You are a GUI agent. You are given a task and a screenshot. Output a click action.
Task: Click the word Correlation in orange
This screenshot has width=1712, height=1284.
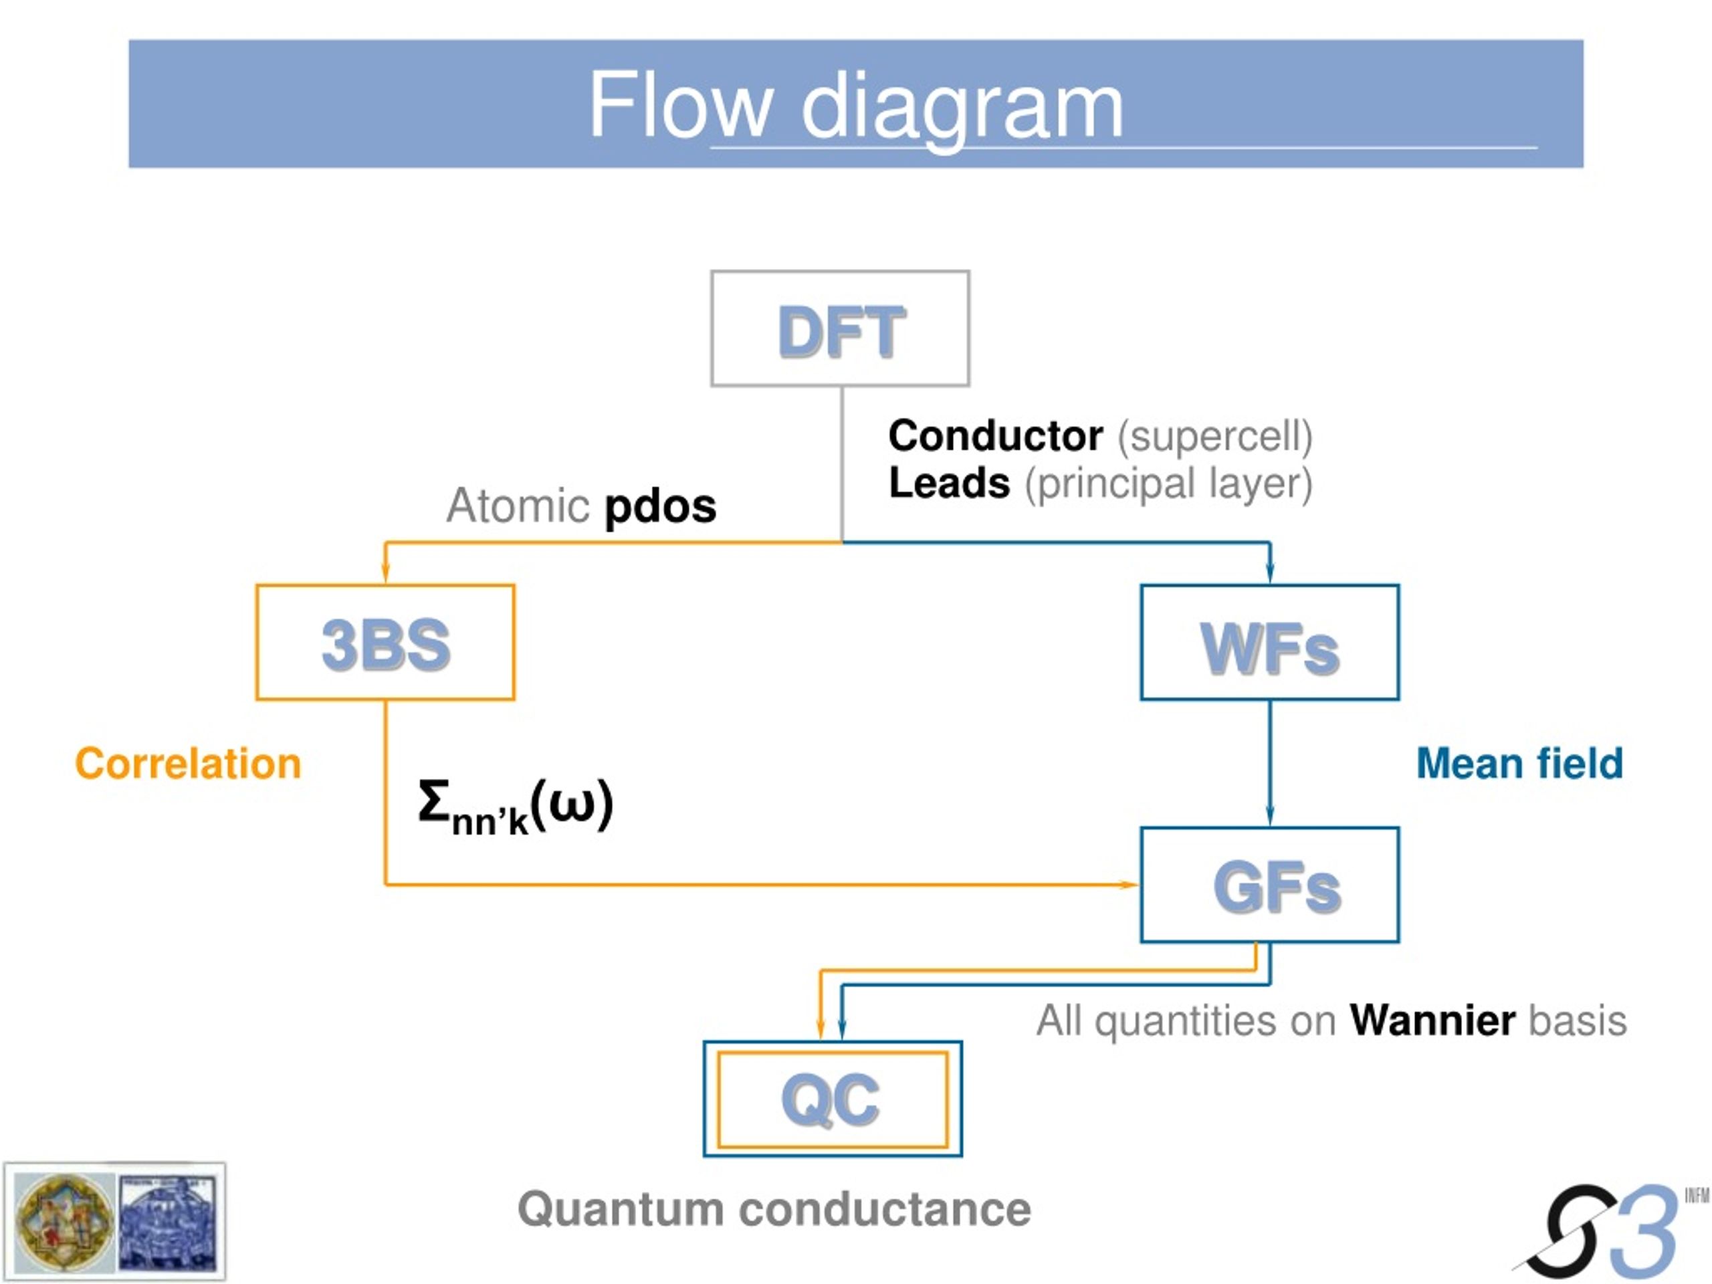pos(188,764)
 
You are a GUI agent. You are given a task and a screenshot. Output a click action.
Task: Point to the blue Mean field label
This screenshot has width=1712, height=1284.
pos(1519,764)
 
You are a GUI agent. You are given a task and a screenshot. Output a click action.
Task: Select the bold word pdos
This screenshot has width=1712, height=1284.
pos(660,508)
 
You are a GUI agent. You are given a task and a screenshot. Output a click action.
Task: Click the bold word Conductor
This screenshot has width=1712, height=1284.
pos(995,436)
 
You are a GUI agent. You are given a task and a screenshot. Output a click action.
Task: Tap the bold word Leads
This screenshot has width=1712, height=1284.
pos(949,483)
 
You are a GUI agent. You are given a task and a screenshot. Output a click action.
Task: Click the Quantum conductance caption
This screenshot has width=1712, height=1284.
pos(774,1209)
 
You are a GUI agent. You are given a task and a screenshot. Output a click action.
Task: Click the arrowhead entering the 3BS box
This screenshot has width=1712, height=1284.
pos(385,572)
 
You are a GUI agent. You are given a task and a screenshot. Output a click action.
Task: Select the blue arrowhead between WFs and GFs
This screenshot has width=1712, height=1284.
pos(1269,815)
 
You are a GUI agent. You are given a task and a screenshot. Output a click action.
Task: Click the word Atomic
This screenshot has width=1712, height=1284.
pos(517,506)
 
